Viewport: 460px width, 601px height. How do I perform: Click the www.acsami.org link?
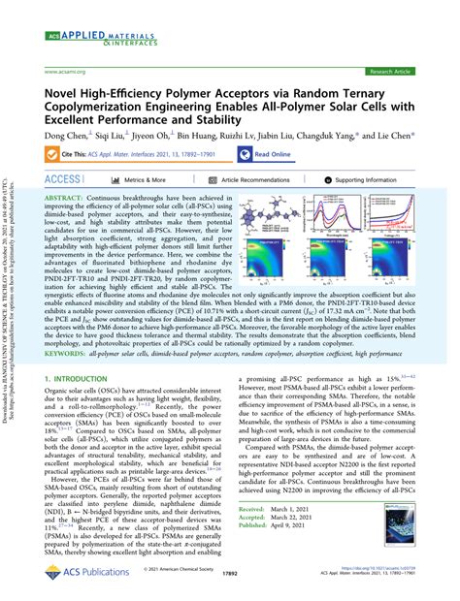pyautogui.click(x=67, y=72)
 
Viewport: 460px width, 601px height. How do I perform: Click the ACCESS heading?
pyautogui.click(x=65, y=180)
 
